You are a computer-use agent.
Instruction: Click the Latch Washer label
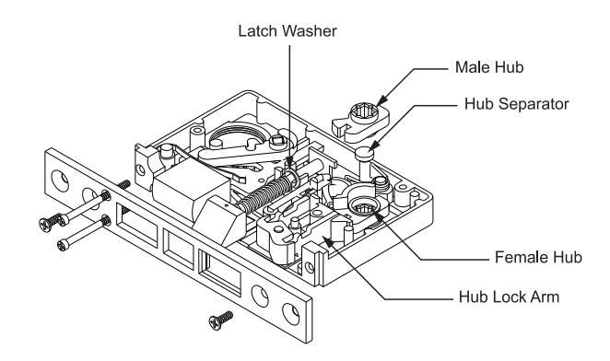(x=287, y=31)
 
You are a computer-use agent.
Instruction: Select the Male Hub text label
(x=489, y=67)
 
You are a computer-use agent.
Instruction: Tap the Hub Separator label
(x=517, y=104)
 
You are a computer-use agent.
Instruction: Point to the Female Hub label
(x=538, y=257)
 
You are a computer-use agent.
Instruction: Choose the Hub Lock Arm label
(x=510, y=297)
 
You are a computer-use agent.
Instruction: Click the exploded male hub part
(x=360, y=122)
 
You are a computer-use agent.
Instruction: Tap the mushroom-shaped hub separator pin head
(x=365, y=153)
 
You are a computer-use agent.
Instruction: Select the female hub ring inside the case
(x=363, y=205)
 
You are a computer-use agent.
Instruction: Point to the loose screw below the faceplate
(x=220, y=320)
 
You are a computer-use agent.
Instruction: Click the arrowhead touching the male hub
(x=381, y=100)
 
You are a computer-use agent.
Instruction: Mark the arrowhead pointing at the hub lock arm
(x=329, y=242)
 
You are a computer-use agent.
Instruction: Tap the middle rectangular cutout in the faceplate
(x=178, y=249)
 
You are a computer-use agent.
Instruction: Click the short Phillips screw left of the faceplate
(x=51, y=222)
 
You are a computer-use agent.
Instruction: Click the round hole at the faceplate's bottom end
(x=291, y=314)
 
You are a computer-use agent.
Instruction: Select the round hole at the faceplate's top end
(x=60, y=180)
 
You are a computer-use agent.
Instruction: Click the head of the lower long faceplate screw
(x=63, y=245)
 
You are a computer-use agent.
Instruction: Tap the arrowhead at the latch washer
(x=288, y=163)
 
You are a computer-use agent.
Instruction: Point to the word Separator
(x=534, y=104)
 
